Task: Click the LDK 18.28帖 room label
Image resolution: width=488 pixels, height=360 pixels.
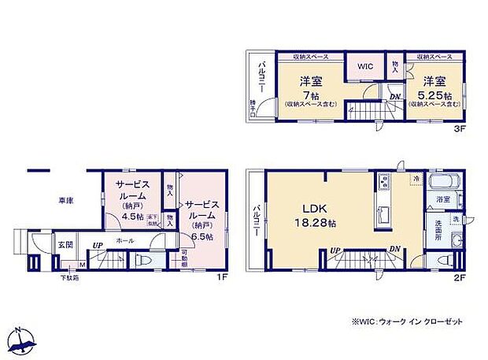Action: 315,216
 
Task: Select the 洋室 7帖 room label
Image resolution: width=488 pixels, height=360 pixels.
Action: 310,88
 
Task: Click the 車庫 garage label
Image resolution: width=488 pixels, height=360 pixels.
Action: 65,202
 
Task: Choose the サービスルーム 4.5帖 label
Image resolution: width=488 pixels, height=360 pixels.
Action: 129,199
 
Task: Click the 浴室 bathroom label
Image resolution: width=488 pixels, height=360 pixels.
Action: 444,201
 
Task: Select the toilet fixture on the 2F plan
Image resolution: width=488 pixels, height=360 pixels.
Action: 444,259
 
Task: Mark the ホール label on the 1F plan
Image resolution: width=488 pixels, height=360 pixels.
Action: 124,239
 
